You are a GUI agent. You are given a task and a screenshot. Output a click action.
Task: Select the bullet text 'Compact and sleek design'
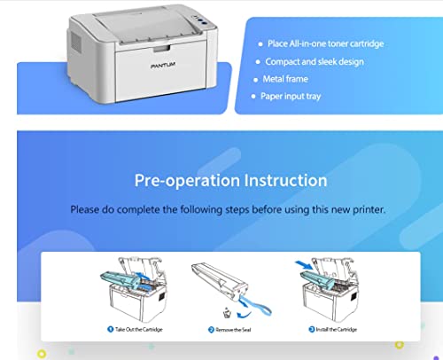coord(315,62)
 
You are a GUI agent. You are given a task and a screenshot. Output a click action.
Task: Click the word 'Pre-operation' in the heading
coord(183,180)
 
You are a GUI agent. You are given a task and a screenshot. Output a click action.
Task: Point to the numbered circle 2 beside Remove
coord(212,329)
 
